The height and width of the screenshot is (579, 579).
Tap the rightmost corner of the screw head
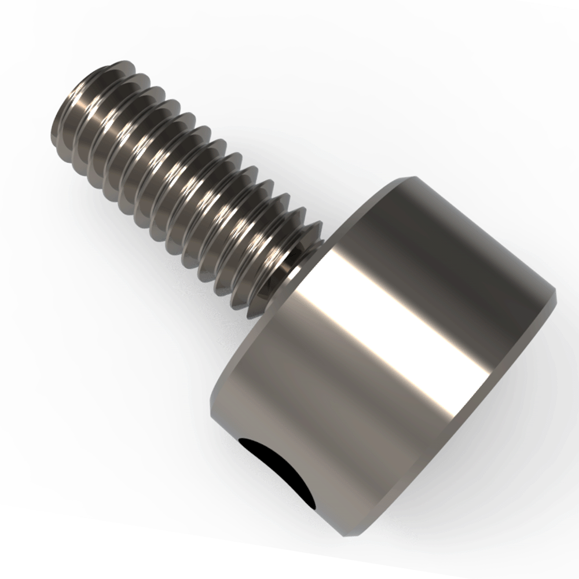(555, 295)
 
